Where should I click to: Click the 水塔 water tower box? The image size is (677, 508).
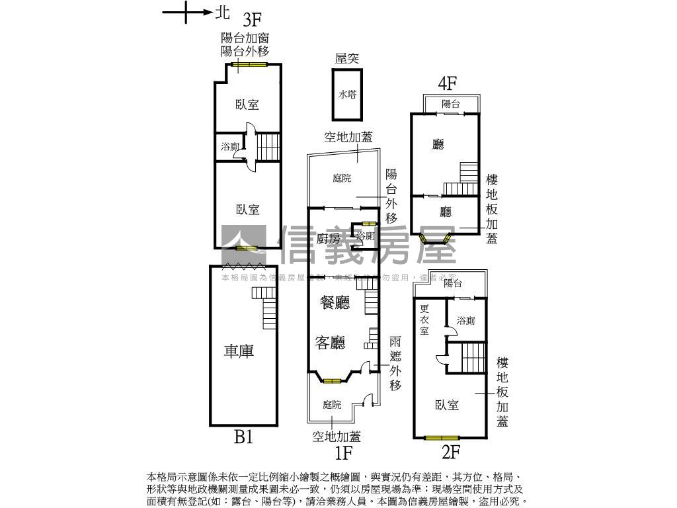click(x=347, y=95)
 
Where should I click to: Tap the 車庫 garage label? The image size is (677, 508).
click(x=238, y=351)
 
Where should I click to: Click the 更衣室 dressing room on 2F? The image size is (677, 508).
click(x=424, y=319)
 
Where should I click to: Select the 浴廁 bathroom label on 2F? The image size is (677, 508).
click(x=465, y=321)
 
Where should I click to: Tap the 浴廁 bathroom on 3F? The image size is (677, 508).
click(x=230, y=147)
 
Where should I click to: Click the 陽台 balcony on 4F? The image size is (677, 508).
click(x=451, y=104)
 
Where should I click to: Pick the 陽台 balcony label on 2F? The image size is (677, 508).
click(x=453, y=283)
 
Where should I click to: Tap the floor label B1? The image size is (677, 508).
click(x=243, y=437)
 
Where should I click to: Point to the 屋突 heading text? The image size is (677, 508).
click(x=347, y=58)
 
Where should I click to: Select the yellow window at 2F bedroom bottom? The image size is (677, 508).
click(x=442, y=437)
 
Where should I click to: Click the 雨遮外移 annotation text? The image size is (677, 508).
click(x=395, y=363)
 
